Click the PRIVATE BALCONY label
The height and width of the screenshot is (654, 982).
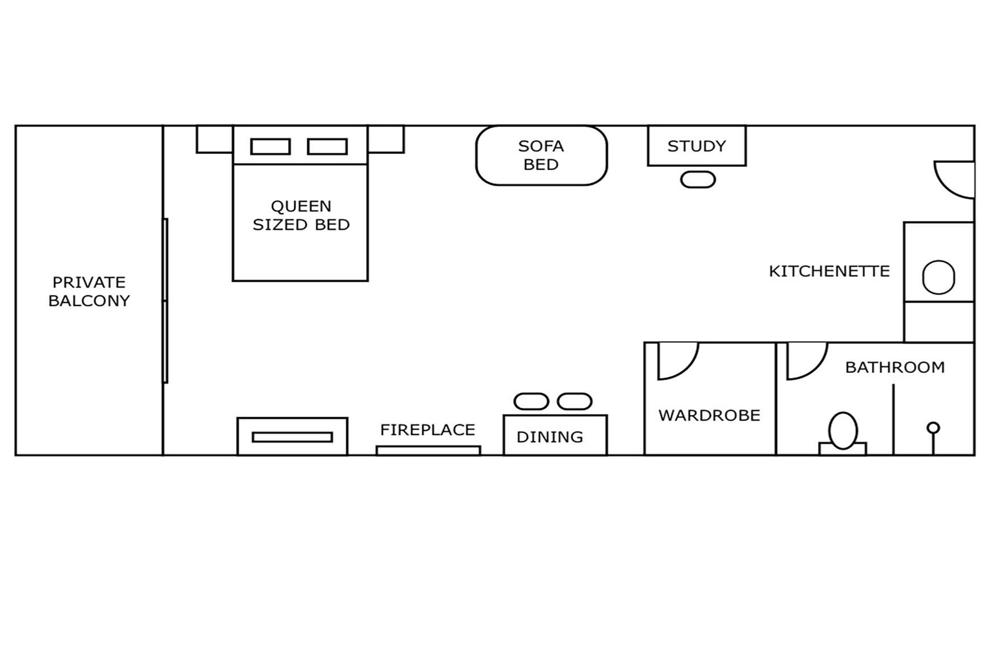point(89,291)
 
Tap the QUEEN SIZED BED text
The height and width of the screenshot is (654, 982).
point(301,215)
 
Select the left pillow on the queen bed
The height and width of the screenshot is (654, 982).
point(271,146)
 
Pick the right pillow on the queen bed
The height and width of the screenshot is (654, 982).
point(327,146)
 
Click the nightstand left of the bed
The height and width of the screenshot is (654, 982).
point(214,139)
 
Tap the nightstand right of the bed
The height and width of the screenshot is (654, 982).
point(386,139)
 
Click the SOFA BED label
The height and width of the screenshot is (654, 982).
point(541,155)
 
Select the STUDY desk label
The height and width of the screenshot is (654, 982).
point(697,146)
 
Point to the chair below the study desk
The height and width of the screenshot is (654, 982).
point(698,180)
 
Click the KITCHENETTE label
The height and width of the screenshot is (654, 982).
point(829,271)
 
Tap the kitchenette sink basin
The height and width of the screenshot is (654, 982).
point(938,277)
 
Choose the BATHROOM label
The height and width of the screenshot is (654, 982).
point(895,367)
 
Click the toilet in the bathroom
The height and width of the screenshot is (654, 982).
point(843,431)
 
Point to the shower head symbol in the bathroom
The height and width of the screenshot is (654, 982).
point(933,427)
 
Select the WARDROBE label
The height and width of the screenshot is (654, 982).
point(709,415)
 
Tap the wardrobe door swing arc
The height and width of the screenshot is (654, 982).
point(676,360)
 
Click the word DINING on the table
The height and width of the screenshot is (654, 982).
point(550,437)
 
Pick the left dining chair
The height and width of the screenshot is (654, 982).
point(531,401)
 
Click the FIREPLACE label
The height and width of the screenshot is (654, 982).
point(427,430)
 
